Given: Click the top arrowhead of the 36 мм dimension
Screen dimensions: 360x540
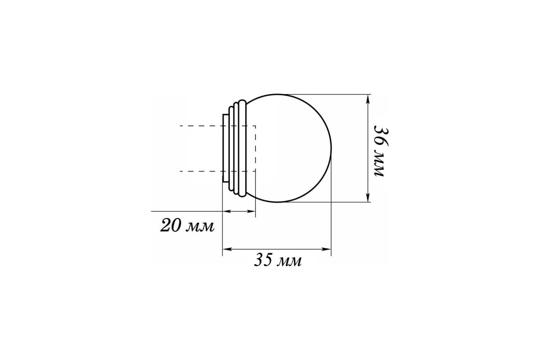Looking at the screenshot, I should pyautogui.click(x=369, y=99).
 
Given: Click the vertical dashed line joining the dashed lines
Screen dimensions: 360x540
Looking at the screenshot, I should pyautogui.click(x=255, y=148).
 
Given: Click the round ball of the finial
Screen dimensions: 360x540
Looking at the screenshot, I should pyautogui.click(x=292, y=148).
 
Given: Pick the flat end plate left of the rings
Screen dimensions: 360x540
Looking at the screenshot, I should pyautogui.click(x=225, y=148).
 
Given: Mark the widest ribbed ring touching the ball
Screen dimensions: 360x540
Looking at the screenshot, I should pyautogui.click(x=243, y=148).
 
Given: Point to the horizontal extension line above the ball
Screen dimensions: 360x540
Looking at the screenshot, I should pyautogui.click(x=324, y=94).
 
